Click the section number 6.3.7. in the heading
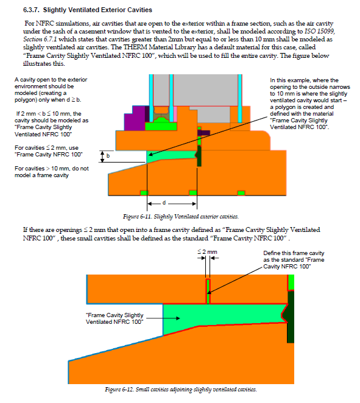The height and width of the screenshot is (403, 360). [x=31, y=10]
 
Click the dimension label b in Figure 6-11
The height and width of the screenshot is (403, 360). [x=108, y=155]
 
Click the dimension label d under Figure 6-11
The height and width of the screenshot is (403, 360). [x=164, y=203]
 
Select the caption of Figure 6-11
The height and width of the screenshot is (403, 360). [x=181, y=217]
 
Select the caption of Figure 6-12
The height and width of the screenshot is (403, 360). [x=181, y=390]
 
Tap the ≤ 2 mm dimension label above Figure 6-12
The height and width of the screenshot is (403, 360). [x=207, y=252]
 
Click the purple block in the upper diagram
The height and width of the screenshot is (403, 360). [x=135, y=118]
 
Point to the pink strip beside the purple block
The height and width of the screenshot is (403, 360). [x=175, y=114]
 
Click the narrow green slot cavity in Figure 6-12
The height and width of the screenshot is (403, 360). [x=208, y=292]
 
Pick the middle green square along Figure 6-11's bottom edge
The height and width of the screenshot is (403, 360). [x=193, y=193]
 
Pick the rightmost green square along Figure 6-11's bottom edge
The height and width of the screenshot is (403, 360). [x=241, y=193]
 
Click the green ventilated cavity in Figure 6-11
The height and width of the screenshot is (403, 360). [x=172, y=155]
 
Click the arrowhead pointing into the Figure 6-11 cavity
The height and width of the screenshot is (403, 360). [x=151, y=154]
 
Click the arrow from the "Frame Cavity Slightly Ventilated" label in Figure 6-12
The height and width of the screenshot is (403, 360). [x=163, y=318]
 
